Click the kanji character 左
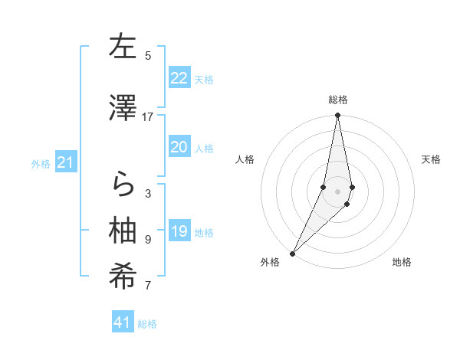[123, 47]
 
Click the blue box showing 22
[179, 78]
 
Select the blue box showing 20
[179, 147]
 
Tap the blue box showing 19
[179, 231]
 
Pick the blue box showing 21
[66, 162]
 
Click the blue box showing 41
[123, 322]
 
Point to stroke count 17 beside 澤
[148, 117]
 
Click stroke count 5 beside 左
[148, 55]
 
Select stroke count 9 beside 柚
[148, 240]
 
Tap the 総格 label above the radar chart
[338, 100]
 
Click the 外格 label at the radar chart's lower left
[270, 263]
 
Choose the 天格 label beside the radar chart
[432, 159]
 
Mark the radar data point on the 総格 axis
[338, 116]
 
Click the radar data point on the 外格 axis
[292, 253]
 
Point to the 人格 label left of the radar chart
[245, 159]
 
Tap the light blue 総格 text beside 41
[147, 324]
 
